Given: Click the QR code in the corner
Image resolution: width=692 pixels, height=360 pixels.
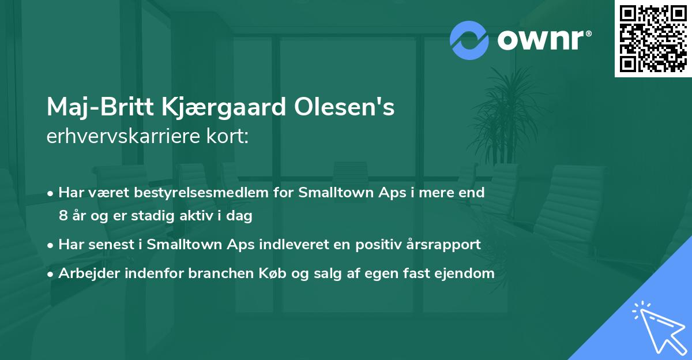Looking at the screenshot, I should [x=653, y=39].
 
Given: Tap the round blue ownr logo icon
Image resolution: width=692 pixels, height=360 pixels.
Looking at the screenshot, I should [x=469, y=40].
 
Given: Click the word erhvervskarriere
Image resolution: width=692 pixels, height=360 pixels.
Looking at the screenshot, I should [x=122, y=137].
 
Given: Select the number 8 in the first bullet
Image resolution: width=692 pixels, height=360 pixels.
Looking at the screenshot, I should [x=62, y=216].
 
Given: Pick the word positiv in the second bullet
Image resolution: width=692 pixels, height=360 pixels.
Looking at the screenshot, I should [x=388, y=245].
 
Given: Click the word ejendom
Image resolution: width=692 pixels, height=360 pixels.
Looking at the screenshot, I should [x=465, y=274].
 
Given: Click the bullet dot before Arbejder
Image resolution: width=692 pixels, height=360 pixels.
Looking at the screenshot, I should [x=51, y=274].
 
